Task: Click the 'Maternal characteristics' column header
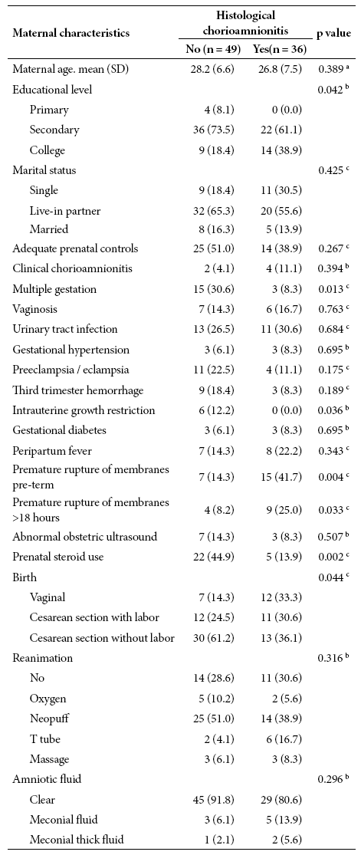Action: [x=71, y=33]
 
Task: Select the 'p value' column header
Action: [x=333, y=33]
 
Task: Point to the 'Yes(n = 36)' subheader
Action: [x=279, y=50]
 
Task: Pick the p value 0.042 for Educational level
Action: [x=333, y=90]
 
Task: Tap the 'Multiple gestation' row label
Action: [x=51, y=289]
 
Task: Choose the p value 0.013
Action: [x=333, y=288]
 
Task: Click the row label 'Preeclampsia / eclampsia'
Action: [x=71, y=370]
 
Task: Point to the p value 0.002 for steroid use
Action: [x=333, y=556]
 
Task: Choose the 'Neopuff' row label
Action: [x=47, y=719]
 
